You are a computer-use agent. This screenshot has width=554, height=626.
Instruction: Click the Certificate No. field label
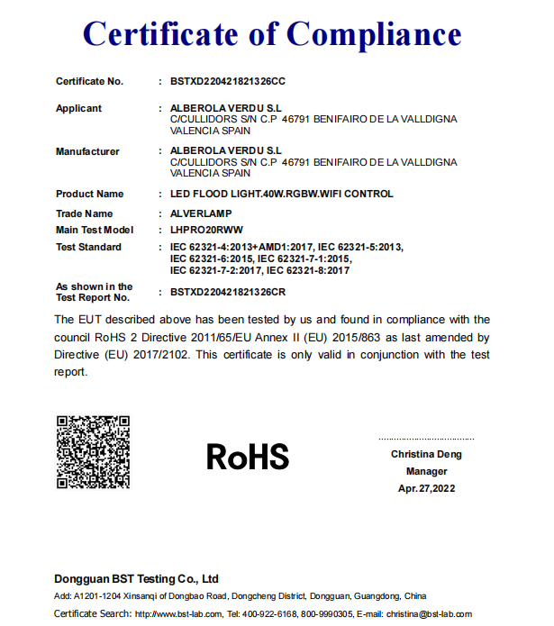coord(89,81)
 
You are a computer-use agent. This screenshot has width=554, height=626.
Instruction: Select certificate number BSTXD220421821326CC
coord(227,81)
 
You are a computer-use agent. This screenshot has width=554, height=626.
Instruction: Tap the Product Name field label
coord(89,194)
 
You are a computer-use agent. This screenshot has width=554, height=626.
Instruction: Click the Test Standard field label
coord(88,247)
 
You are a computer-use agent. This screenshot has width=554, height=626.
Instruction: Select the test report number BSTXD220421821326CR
coord(227,292)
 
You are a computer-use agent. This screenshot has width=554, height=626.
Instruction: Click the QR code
coord(93,452)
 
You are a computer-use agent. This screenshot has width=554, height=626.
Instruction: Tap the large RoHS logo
coord(248,457)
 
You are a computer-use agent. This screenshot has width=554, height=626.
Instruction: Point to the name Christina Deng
coord(426,454)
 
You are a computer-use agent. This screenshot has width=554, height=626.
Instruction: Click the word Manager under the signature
coord(426,471)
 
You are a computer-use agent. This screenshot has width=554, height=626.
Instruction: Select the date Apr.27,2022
coord(426,488)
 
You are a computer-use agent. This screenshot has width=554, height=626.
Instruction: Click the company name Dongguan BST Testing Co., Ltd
coord(136,578)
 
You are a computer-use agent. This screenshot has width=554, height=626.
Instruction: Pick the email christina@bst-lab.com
coord(429,614)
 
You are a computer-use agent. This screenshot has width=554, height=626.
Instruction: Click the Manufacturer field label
coord(87,151)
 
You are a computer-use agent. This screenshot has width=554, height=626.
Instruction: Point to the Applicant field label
coord(79,108)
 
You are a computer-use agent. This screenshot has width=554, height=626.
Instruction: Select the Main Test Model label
coord(95,231)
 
